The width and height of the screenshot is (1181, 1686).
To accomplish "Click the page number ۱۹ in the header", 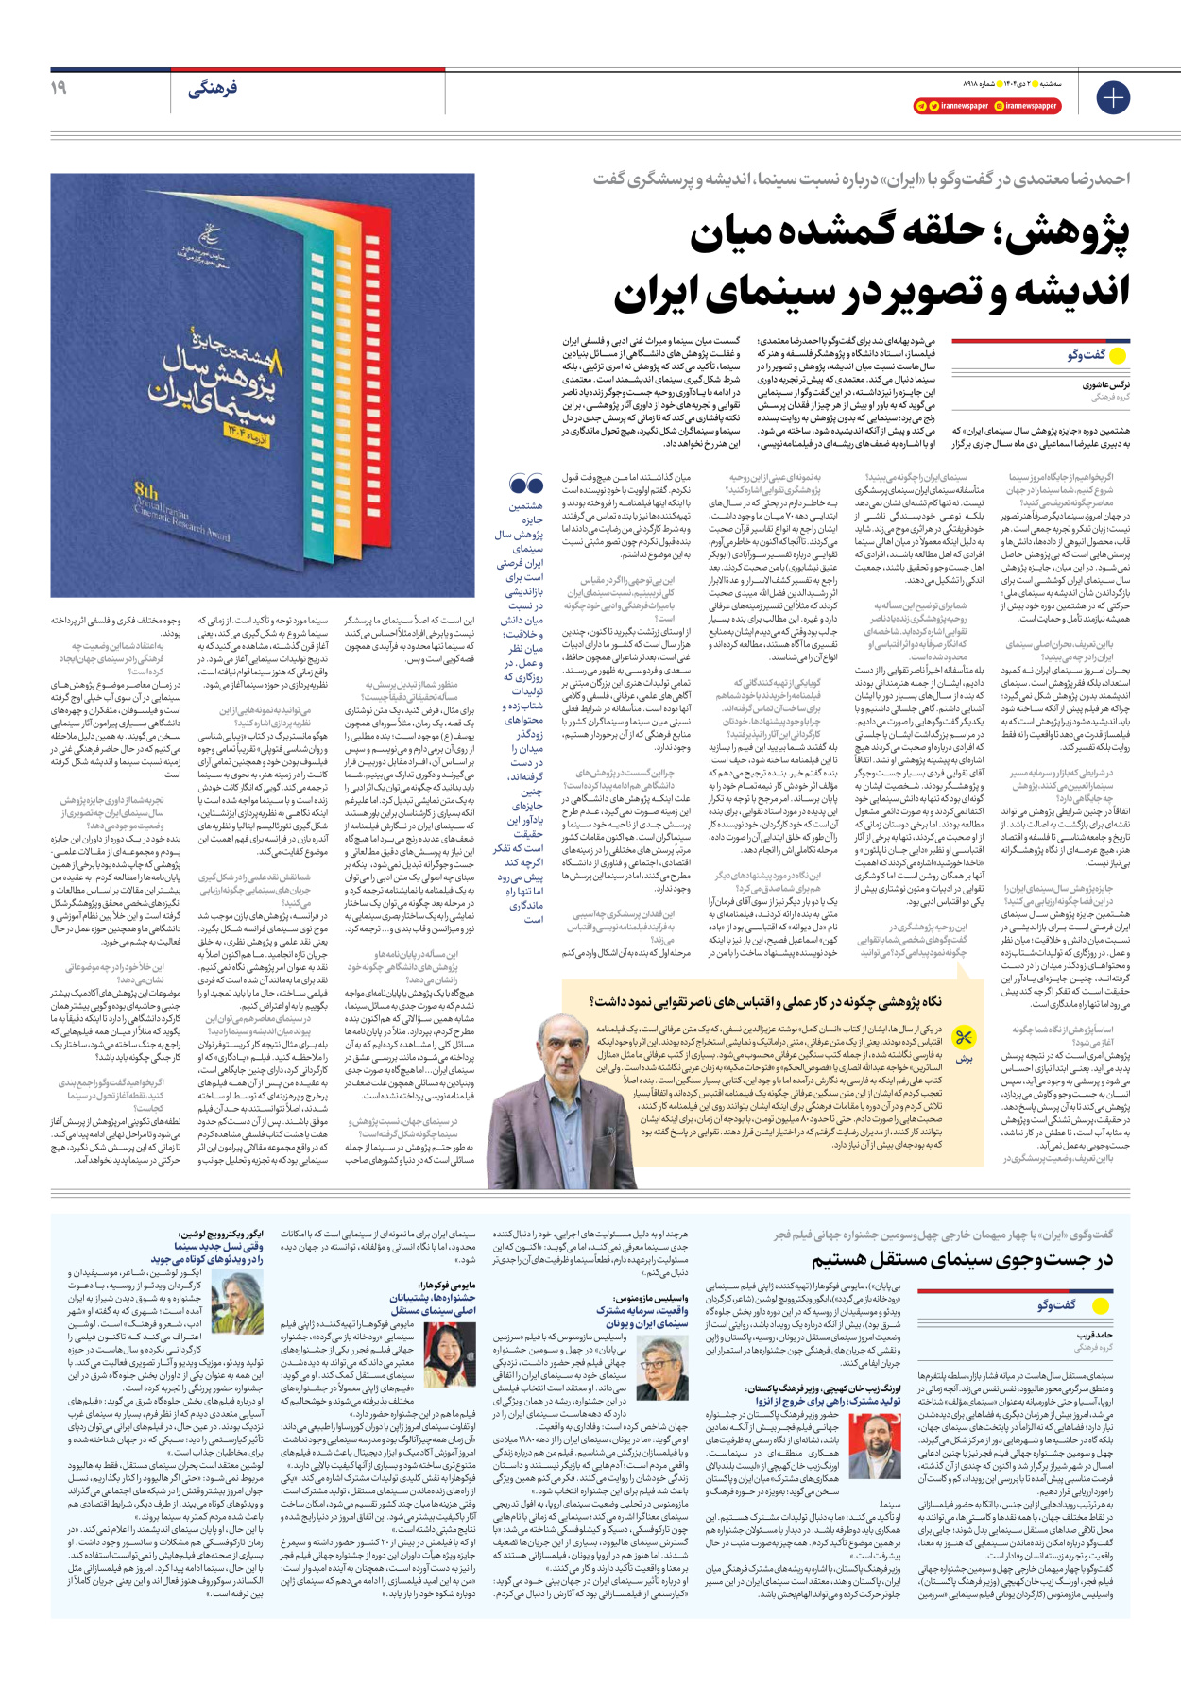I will click(59, 88).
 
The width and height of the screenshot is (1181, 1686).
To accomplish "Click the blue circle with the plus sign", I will click(1113, 97).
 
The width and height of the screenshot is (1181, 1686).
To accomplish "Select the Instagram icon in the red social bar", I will click(999, 106).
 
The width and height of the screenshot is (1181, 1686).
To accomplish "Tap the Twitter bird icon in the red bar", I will click(933, 106).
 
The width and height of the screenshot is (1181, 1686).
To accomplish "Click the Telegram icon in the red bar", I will click(921, 106).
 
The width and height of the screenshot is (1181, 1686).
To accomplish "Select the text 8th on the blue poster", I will click(146, 491).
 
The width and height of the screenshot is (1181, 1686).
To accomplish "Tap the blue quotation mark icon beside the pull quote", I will click(525, 485).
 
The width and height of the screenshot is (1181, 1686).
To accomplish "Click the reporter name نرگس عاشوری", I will click(1106, 385).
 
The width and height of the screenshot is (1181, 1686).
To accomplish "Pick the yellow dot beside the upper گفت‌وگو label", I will click(1118, 356).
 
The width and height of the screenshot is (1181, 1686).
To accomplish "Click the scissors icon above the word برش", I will click(963, 1039).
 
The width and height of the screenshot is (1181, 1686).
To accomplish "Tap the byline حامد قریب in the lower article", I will click(1097, 1336).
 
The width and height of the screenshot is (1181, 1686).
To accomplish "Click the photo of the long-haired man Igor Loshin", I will click(237, 1303).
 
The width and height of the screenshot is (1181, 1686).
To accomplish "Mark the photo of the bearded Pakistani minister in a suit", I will click(873, 1446).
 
